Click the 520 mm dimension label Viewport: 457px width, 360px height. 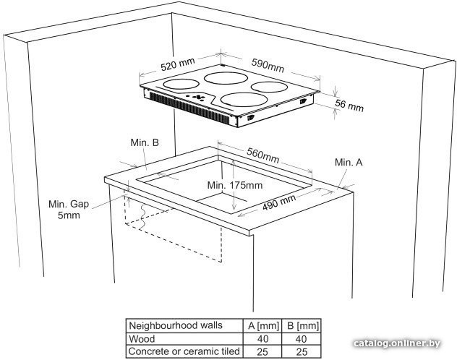point(177,64)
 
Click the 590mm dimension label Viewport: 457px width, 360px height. point(268,66)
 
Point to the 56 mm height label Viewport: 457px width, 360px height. point(349,105)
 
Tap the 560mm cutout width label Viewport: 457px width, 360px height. point(262,155)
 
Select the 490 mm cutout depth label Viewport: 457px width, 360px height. point(279,202)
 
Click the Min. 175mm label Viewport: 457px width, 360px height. point(235,185)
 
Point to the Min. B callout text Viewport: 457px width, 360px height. point(145,142)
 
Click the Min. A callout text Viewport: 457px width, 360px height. point(349,162)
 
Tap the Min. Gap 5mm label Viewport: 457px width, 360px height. point(69,210)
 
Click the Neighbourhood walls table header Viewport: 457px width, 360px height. point(176,325)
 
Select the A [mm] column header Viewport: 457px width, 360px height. point(263,325)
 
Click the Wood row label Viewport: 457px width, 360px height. point(142,339)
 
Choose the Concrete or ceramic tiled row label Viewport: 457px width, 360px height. point(184,351)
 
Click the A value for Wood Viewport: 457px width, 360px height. point(263,339)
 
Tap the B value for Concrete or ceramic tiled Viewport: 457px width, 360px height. point(302,352)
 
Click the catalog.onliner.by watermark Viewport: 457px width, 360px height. point(397,343)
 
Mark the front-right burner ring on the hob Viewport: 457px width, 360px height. point(244,100)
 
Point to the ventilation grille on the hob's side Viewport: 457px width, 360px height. point(190,108)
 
